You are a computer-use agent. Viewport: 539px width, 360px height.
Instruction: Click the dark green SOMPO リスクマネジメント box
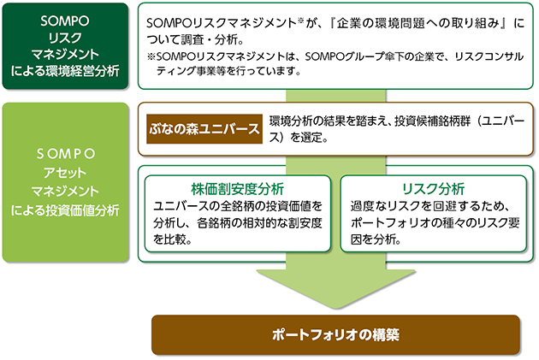pyautogui.click(x=65, y=46)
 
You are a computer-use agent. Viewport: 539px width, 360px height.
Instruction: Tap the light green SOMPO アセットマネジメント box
pyautogui.click(x=65, y=182)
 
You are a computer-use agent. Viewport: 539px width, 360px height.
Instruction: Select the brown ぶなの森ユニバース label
pyautogui.click(x=204, y=129)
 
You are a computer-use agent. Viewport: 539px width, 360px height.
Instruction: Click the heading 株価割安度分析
pyautogui.click(x=238, y=189)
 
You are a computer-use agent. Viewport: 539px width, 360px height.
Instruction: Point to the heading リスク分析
pyautogui.click(x=433, y=189)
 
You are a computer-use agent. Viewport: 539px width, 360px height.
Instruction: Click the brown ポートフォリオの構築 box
pyautogui.click(x=335, y=334)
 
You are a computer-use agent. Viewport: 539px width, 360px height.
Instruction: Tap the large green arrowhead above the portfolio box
pyautogui.click(x=336, y=288)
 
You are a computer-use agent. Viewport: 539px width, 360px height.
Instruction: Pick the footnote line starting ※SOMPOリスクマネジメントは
pyautogui.click(x=335, y=56)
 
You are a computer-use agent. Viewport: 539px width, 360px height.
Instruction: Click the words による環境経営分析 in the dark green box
pyautogui.click(x=65, y=71)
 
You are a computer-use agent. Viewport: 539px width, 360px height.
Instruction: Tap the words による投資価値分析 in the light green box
pyautogui.click(x=65, y=210)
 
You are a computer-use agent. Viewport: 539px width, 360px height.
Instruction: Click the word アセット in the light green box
pyautogui.click(x=65, y=173)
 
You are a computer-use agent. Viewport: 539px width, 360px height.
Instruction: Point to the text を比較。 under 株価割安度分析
pyautogui.click(x=173, y=239)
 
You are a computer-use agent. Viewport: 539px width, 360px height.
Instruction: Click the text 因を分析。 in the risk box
pyautogui.click(x=376, y=239)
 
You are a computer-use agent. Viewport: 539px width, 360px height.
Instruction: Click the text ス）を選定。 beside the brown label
pyautogui.click(x=299, y=138)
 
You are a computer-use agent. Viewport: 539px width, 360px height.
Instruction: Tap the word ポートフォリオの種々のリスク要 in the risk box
pyautogui.click(x=435, y=223)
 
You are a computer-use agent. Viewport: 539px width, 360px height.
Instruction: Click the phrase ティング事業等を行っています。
pyautogui.click(x=228, y=71)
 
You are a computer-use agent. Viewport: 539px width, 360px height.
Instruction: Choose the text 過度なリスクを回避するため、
pyautogui.click(x=429, y=206)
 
